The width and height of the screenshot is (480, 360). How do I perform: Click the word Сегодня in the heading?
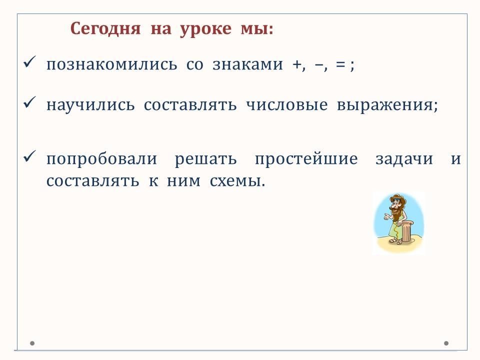pyautogui.click(x=105, y=29)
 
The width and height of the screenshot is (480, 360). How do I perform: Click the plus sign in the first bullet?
pyautogui.click(x=296, y=65)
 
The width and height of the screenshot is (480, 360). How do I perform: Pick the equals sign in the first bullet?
pyautogui.click(x=340, y=65)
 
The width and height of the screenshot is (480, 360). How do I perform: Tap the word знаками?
pyautogui.click(x=247, y=64)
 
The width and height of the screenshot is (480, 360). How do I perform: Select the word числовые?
pyautogui.click(x=287, y=105)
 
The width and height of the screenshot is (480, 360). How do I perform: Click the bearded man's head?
pyautogui.click(x=397, y=204)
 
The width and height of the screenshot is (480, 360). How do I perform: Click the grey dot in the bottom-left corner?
pyautogui.click(x=32, y=343)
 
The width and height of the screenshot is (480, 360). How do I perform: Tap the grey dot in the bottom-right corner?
pyautogui.click(x=446, y=343)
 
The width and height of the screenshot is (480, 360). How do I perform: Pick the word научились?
pyautogui.click(x=90, y=105)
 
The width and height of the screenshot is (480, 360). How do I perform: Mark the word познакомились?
pyautogui.click(x=111, y=64)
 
